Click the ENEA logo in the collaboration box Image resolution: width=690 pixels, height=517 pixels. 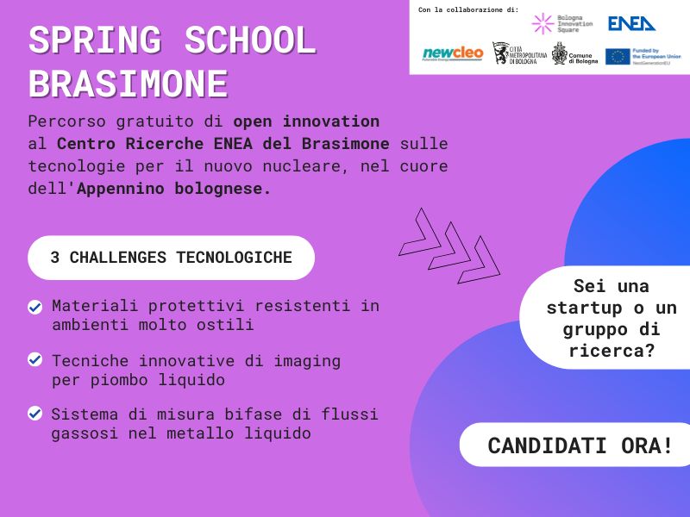[x=631, y=23]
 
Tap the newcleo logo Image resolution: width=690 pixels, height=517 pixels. [x=453, y=54]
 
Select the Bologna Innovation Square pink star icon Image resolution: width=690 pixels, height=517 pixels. [x=543, y=23]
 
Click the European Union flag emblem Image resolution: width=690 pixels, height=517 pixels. [x=618, y=57]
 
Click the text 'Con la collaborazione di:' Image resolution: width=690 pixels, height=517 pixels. [x=468, y=9]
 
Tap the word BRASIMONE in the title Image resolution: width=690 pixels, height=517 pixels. [x=128, y=84]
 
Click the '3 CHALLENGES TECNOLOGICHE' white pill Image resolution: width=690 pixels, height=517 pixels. [x=171, y=258]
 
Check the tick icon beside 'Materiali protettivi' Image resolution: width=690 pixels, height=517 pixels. [x=35, y=307]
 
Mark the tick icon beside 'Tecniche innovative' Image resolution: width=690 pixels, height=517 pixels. [x=35, y=360]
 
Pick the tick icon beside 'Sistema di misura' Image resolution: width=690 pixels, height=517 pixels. [x=35, y=414]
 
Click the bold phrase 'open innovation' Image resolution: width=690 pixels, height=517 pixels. [x=306, y=121]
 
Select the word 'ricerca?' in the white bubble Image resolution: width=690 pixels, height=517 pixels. [x=611, y=351]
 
